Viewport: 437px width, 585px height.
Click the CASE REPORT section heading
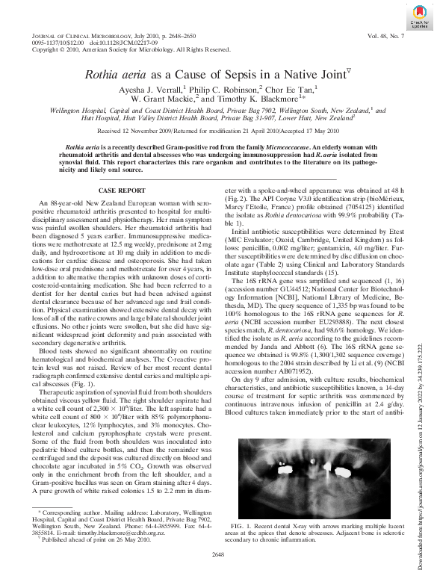click(121, 192)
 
